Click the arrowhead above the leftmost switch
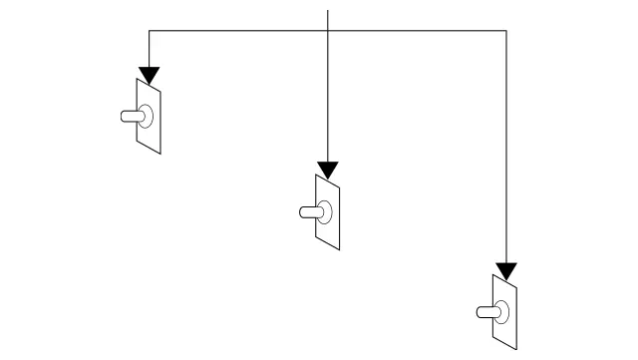[149, 75]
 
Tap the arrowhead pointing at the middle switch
[327, 171]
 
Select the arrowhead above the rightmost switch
[506, 271]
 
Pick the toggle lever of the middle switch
[308, 211]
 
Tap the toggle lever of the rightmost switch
[486, 311]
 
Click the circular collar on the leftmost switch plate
[147, 116]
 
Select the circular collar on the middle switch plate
[325, 211]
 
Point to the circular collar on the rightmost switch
[503, 311]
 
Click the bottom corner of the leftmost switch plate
[159, 154]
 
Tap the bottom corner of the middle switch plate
[338, 249]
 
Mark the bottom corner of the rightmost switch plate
[516, 349]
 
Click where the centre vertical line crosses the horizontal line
[327, 32]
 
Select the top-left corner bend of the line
[149, 32]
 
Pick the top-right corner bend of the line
[506, 32]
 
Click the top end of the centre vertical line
[327, 9]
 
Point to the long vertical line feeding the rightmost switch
[506, 150]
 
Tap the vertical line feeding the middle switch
[327, 100]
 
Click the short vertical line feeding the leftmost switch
[149, 50]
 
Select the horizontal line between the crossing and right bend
[419, 32]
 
